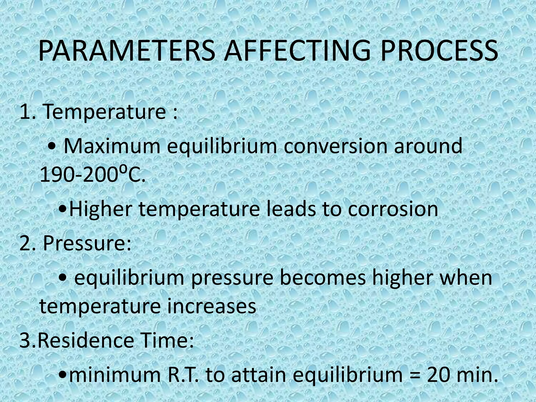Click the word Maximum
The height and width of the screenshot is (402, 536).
pyautogui.click(x=112, y=146)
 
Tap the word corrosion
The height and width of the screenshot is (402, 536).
pyautogui.click(x=393, y=209)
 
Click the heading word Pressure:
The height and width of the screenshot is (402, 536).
pyautogui.click(x=87, y=243)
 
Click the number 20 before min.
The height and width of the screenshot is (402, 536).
pyautogui.click(x=440, y=375)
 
